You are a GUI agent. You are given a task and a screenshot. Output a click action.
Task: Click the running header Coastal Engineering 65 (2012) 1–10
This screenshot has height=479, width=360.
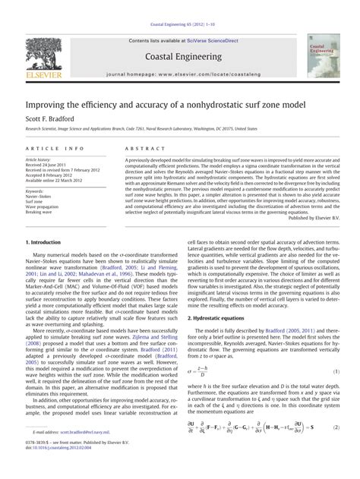click(x=179, y=6)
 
